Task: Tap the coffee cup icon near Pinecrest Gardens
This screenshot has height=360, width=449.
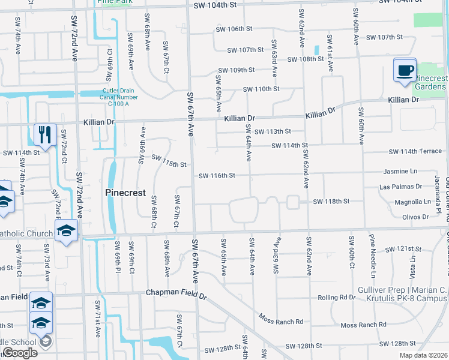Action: [405, 70]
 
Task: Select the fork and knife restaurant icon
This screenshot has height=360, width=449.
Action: [45, 134]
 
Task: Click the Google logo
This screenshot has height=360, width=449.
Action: [20, 353]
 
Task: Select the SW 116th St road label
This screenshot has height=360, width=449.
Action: [216, 176]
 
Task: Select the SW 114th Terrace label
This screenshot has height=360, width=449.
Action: [415, 151]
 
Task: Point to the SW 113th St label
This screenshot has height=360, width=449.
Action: [272, 131]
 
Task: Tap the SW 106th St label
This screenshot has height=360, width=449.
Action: [234, 29]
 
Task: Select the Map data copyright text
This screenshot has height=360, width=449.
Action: [424, 355]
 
